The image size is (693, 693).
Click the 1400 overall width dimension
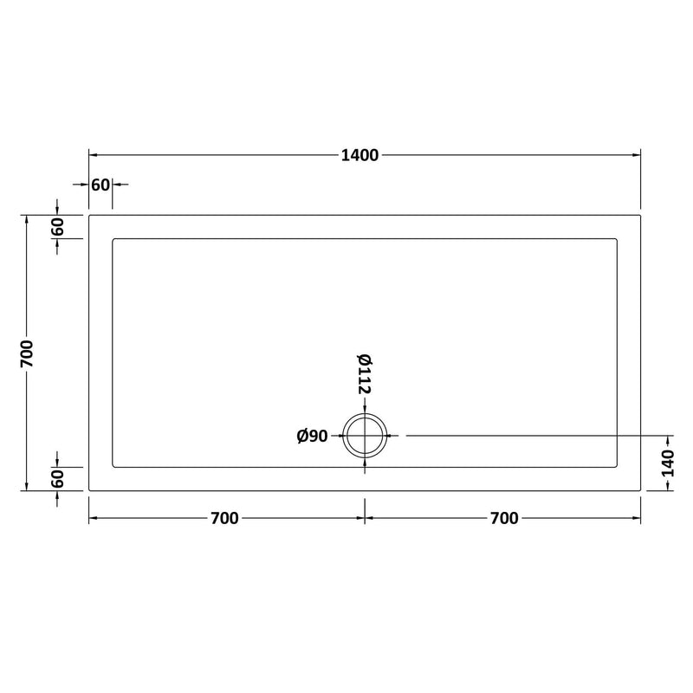tap(359, 156)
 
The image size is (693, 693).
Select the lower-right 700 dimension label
tap(504, 518)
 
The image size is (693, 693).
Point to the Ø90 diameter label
tap(312, 437)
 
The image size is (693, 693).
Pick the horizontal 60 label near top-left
tap(100, 185)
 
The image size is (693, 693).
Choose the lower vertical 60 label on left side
tap(57, 479)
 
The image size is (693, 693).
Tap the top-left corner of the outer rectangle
tap(89, 215)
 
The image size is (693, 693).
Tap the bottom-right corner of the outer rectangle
tap(641, 490)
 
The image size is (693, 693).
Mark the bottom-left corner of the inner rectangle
tap(113, 466)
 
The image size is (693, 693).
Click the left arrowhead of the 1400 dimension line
tap(93, 156)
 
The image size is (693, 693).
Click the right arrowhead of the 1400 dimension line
tap(638, 156)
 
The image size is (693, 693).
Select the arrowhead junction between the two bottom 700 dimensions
tap(365, 518)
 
